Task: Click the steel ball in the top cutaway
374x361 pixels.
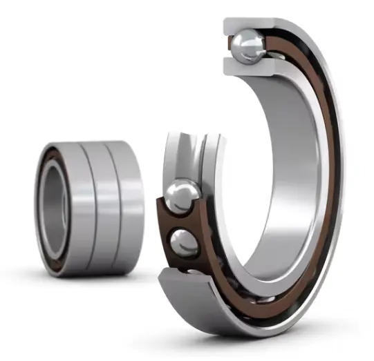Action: click(x=247, y=48)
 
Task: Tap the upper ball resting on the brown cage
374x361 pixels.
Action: click(x=182, y=196)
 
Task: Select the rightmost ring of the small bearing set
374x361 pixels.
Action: click(x=129, y=207)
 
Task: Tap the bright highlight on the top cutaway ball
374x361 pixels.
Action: click(x=243, y=42)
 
